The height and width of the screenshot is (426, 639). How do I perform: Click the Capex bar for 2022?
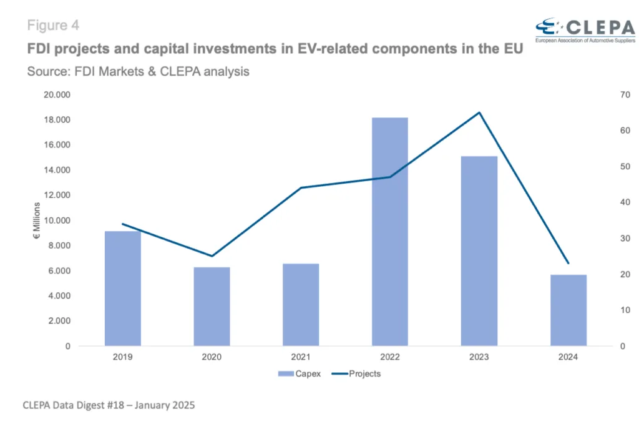coord(389,232)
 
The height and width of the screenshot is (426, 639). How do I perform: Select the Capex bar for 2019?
coord(123,289)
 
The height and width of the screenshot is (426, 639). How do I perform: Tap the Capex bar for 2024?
coord(568,310)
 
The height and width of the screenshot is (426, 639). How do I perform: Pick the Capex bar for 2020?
coord(212,307)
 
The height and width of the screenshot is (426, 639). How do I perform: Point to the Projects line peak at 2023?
coord(479,112)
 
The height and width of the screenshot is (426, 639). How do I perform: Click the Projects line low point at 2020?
coord(212,256)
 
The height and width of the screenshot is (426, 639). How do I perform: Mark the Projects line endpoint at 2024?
coord(568,263)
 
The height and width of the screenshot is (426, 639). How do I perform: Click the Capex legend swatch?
coord(286,374)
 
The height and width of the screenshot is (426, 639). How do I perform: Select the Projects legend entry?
coord(356,374)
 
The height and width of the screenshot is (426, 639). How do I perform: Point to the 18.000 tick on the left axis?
coord(57,119)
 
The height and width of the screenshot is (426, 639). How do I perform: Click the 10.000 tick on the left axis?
coord(57,220)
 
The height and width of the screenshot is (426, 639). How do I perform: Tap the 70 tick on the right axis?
coord(625,95)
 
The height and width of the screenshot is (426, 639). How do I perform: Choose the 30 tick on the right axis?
coord(625,239)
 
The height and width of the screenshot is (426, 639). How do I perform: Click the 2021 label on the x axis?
coord(301,357)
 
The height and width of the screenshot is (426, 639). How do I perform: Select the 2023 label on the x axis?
coord(479,357)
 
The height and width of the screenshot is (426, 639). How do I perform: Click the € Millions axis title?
coord(37,220)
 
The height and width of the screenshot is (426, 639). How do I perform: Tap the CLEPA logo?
coord(585,30)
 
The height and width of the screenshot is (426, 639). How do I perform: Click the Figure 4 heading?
coord(53,26)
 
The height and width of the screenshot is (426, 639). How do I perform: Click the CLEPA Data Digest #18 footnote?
coord(109,405)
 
